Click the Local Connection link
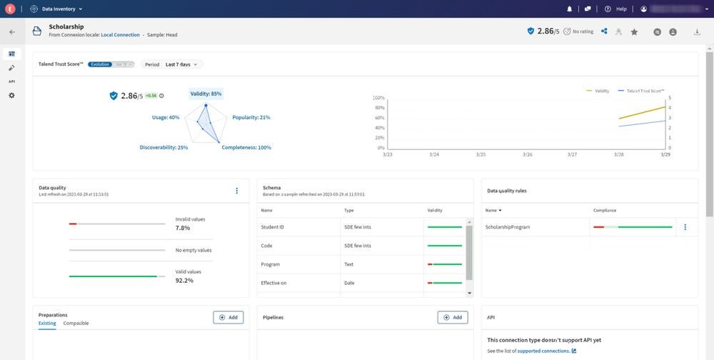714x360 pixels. [x=120, y=35]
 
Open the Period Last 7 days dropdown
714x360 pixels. [x=172, y=64]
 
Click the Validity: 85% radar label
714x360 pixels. [x=206, y=94]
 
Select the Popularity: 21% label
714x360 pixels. [x=251, y=117]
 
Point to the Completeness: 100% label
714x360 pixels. [x=246, y=148]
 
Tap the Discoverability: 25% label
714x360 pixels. [x=164, y=148]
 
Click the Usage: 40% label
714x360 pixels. [x=166, y=117]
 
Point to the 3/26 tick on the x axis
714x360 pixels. [x=527, y=154]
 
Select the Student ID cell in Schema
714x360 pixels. [x=273, y=227]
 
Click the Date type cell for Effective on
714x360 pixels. [x=349, y=283]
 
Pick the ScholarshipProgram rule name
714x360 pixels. [x=508, y=227]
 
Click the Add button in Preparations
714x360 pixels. [x=228, y=317]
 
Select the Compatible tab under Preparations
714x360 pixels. [x=76, y=324]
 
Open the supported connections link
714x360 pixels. [x=543, y=351]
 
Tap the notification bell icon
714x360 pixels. [x=569, y=9]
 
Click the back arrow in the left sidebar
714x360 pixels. [x=11, y=32]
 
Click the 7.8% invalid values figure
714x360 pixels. [x=183, y=228]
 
